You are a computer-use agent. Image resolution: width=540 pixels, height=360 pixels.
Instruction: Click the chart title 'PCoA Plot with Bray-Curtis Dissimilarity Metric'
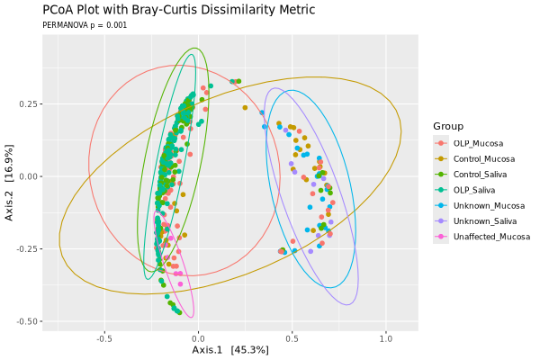[x=179, y=10]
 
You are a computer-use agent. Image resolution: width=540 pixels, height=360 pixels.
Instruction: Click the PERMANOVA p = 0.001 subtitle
[x=85, y=25]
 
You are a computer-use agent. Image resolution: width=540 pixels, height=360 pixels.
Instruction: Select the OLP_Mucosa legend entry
[x=477, y=143]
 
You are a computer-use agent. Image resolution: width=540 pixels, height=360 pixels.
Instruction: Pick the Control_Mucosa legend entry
[x=483, y=158]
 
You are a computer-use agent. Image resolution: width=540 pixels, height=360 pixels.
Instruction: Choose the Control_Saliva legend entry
[x=481, y=174]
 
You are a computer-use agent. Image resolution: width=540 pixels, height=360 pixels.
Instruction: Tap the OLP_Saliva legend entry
[x=474, y=190]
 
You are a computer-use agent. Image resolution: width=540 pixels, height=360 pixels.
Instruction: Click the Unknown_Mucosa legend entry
[x=487, y=205]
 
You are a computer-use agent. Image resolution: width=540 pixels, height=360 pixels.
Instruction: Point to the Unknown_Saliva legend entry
[x=484, y=220]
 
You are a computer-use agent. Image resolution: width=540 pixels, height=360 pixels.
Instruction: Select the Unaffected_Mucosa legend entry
[x=490, y=237]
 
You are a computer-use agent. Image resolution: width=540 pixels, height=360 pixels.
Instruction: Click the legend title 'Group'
[x=448, y=125]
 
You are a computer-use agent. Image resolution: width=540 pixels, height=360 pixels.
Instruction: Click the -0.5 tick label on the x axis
[x=103, y=339]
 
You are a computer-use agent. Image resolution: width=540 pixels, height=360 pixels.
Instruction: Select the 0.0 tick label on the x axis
[x=199, y=339]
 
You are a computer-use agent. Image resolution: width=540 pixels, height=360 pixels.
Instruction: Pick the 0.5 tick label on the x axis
[x=292, y=339]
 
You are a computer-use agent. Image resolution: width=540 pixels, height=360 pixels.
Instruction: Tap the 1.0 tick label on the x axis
[x=385, y=339]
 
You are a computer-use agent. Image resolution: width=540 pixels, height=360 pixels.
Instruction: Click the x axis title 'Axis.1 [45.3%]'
[x=230, y=350]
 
